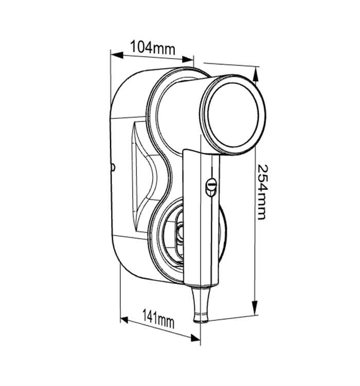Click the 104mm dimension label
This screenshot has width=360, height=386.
pyautogui.click(x=152, y=48)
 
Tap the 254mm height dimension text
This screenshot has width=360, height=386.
pyautogui.click(x=262, y=191)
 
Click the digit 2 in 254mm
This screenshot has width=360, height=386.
pyautogui.click(x=262, y=168)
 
